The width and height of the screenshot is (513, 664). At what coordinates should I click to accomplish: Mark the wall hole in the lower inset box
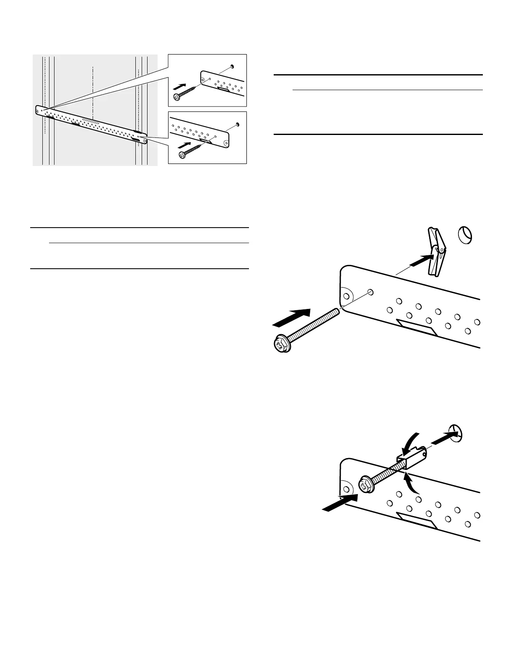pyautogui.click(x=237, y=124)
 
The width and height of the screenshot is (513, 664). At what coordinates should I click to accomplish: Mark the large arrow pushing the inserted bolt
pyautogui.click(x=340, y=502)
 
